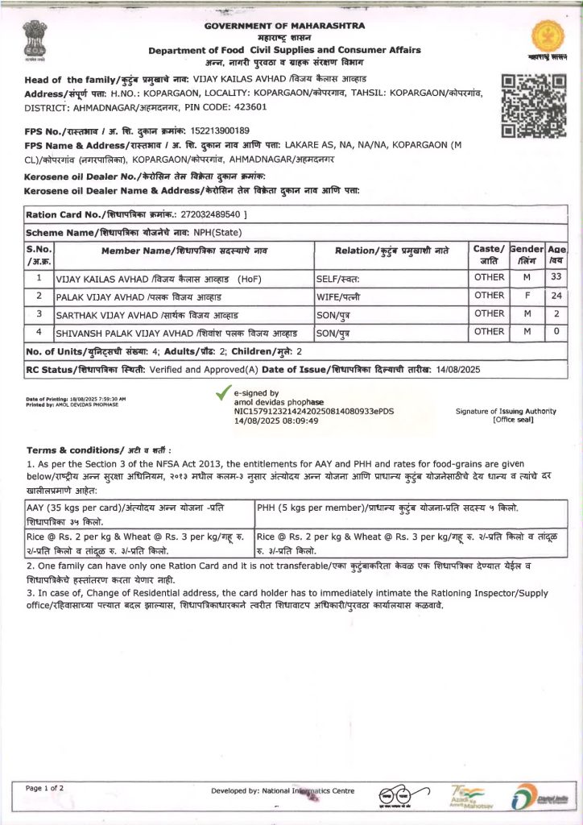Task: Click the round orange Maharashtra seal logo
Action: click(549, 36)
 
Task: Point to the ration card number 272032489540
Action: click(213, 215)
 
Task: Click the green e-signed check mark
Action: click(223, 394)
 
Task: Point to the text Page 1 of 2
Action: click(45, 788)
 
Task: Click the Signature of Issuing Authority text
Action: click(506, 412)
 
